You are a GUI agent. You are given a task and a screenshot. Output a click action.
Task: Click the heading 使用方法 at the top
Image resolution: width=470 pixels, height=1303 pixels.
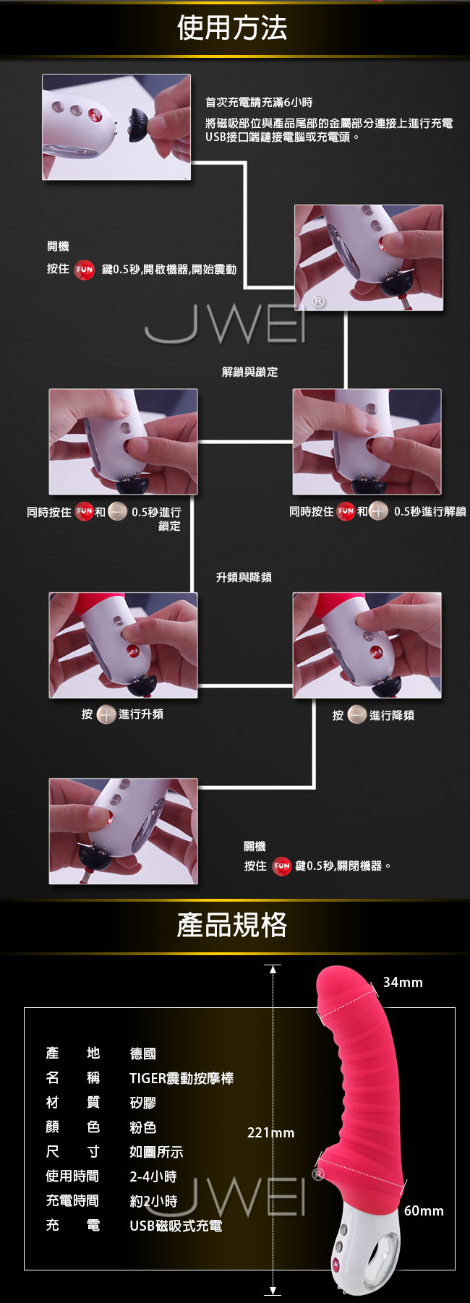232,28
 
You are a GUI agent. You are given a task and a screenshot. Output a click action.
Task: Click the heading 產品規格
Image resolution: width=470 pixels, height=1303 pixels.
232,925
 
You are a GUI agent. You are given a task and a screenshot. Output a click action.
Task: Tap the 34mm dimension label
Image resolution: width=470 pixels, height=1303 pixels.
403,982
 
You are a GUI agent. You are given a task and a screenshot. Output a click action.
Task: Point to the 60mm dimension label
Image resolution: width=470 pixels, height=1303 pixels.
424,1210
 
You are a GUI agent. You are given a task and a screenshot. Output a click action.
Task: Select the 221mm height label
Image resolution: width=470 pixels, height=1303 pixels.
270,1132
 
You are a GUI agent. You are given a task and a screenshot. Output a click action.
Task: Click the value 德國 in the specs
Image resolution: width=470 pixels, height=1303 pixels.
142,1054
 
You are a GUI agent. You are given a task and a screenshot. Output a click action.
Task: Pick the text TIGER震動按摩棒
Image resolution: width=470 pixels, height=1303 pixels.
181,1078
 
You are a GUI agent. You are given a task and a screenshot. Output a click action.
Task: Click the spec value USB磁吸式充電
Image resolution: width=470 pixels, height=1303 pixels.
176,1226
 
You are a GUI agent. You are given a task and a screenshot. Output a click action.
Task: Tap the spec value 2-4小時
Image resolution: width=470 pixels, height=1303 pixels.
153,1176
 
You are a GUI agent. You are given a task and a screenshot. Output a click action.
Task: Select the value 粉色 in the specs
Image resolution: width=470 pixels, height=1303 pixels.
142,1127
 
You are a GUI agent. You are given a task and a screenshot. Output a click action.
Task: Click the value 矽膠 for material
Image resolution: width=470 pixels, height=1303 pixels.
142,1103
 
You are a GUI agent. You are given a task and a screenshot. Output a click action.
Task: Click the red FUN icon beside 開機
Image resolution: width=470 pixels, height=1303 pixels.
85,270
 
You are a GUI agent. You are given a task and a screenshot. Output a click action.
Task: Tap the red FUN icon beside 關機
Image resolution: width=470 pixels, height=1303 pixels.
281,866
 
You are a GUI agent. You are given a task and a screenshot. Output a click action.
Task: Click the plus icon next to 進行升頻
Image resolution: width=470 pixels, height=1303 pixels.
106,714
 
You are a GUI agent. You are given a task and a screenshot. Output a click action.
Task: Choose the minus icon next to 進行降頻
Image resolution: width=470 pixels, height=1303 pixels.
357,715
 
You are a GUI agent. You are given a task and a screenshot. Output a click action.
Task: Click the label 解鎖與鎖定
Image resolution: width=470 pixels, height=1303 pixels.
249,372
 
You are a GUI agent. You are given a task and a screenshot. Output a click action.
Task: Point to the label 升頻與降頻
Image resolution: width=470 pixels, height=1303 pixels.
244,577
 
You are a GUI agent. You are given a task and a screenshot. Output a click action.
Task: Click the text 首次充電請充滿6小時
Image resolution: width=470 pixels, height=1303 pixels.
259,103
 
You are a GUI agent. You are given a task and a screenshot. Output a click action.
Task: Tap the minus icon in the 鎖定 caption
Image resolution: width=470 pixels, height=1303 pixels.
118,512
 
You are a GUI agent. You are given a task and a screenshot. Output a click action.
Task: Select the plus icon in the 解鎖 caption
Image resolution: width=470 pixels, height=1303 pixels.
379,511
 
